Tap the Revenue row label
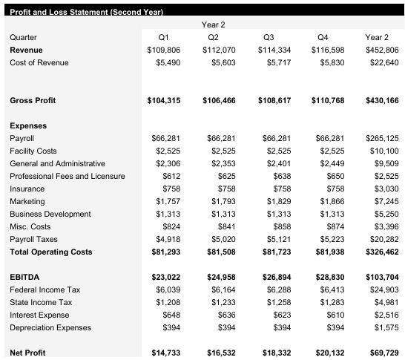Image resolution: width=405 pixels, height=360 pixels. point(26,49)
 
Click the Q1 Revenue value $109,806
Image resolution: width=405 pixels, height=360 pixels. point(164,49)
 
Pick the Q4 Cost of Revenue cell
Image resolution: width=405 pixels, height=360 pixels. point(331,62)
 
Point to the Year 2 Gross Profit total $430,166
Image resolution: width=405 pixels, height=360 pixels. point(382,100)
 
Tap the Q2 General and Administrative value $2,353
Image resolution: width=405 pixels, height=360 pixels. point(221,163)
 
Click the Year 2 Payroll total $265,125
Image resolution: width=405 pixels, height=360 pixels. point(382,138)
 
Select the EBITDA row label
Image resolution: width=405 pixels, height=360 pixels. point(24,277)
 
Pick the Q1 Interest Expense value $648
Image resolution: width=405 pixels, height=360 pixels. point(169,315)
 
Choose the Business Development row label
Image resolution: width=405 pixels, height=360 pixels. point(50,214)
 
